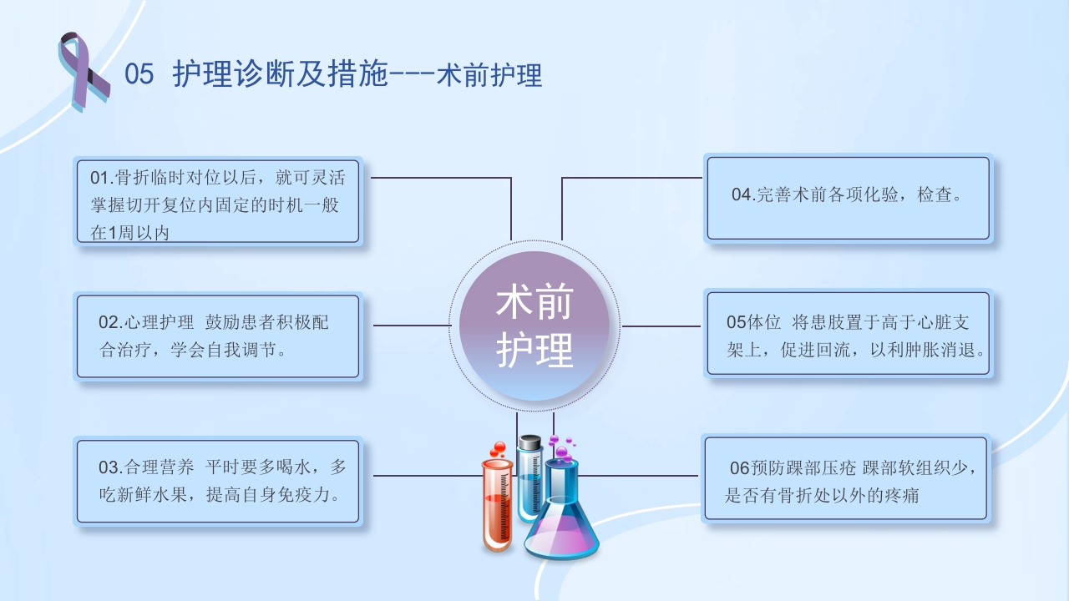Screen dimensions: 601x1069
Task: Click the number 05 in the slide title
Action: [x=139, y=75]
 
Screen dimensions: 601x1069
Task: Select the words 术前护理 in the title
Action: [x=489, y=75]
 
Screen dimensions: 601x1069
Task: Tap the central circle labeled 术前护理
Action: [x=534, y=326]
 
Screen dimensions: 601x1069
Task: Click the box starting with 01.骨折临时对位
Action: [x=218, y=200]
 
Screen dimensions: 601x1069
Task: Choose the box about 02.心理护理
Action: [x=218, y=336]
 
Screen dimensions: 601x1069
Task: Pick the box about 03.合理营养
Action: [x=218, y=481]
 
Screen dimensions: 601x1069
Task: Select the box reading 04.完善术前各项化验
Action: [x=848, y=198]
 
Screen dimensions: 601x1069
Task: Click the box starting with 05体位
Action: [x=848, y=333]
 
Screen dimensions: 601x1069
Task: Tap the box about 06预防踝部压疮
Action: [x=846, y=479]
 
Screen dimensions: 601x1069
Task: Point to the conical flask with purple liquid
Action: [x=561, y=526]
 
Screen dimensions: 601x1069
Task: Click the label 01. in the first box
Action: [x=101, y=178]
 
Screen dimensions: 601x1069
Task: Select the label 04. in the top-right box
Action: [x=743, y=195]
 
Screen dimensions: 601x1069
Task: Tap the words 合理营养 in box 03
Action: [x=160, y=467]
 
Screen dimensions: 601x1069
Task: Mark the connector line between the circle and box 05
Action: [x=661, y=326]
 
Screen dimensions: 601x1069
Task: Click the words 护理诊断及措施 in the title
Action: [x=281, y=75]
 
